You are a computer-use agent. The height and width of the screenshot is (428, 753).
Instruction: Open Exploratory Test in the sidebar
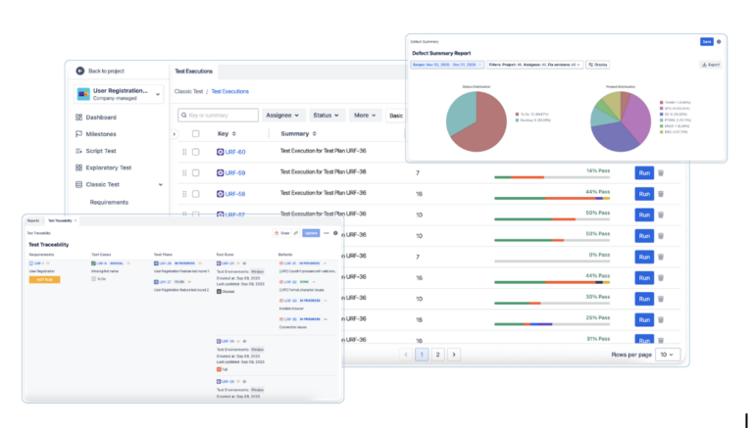[x=109, y=167]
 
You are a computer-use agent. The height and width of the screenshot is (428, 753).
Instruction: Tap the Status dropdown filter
[x=326, y=115]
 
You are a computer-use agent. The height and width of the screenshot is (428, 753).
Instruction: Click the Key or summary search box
[x=218, y=115]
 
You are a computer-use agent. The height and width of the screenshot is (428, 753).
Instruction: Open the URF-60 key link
[x=235, y=152]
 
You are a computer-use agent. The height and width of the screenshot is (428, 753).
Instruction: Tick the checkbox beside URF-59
[x=196, y=172]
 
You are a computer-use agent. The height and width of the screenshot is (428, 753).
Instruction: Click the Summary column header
[x=298, y=133]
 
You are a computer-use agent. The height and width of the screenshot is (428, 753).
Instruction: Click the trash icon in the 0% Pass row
[x=661, y=257]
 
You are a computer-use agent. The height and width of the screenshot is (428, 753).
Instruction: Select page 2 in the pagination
[x=437, y=354]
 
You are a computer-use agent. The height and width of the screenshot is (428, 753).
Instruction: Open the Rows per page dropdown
[x=668, y=354]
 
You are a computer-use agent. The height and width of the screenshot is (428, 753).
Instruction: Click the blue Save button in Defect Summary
[x=706, y=41]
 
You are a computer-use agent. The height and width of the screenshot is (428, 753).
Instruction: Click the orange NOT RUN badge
[x=45, y=279]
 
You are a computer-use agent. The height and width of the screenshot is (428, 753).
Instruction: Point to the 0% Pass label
[x=598, y=254]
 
